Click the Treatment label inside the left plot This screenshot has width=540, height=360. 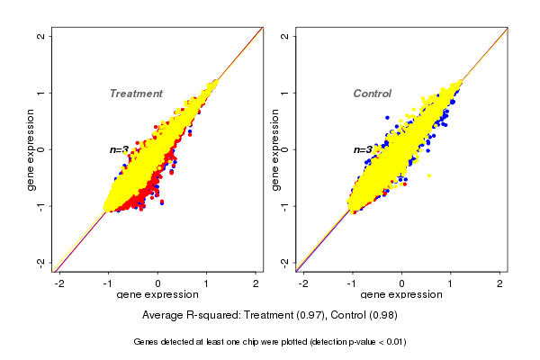pyautogui.click(x=136, y=94)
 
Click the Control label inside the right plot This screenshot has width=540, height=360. pyautogui.click(x=372, y=94)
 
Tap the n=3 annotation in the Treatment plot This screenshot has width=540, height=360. pyautogui.click(x=119, y=149)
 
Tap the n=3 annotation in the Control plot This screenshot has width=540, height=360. pyautogui.click(x=363, y=149)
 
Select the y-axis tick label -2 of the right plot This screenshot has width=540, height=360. pyautogui.click(x=285, y=262)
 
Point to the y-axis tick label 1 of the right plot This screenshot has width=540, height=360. pyautogui.click(x=285, y=93)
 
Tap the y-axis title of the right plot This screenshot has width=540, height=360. pyautogui.click(x=274, y=149)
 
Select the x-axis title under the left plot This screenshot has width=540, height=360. pyautogui.click(x=157, y=295)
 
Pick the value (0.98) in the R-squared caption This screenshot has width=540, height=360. pyautogui.click(x=382, y=316)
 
